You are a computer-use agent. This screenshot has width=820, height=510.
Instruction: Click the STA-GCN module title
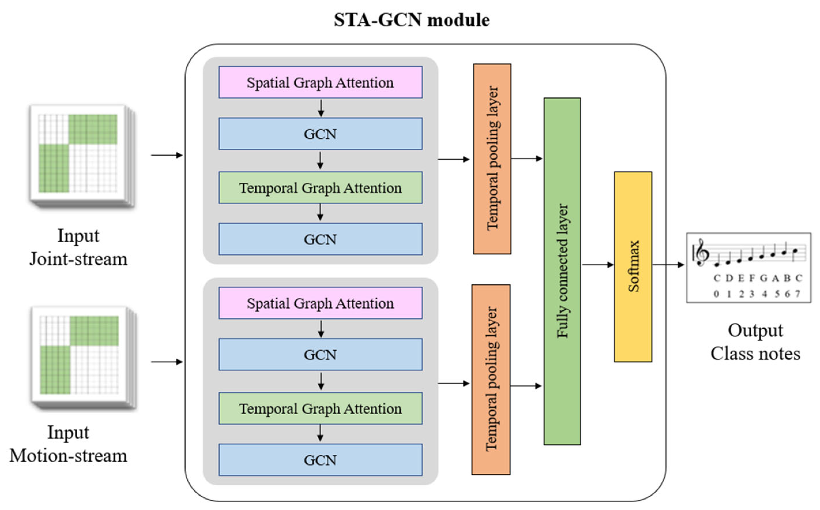point(412,20)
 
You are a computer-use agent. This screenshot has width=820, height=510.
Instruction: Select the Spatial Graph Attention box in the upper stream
point(320,82)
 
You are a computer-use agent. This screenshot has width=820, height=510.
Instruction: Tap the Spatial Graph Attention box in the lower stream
point(320,303)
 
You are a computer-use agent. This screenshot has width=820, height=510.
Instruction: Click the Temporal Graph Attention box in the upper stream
point(320,188)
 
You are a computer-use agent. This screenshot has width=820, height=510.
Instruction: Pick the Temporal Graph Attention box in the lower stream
point(320,408)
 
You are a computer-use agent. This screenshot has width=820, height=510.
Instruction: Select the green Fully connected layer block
point(562,271)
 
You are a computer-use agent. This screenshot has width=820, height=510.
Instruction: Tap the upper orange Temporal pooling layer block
point(492,158)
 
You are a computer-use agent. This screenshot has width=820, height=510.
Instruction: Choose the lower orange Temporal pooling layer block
point(491,379)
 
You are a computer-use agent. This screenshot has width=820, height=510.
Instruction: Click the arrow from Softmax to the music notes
point(668,265)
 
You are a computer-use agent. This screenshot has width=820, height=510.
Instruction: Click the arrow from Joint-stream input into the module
point(167,155)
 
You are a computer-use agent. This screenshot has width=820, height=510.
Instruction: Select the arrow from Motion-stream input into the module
point(167,362)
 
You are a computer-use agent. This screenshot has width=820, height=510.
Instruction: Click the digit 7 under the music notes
point(798,294)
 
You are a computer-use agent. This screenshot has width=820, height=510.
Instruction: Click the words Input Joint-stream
point(78,247)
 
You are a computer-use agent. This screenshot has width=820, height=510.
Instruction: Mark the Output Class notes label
point(755,342)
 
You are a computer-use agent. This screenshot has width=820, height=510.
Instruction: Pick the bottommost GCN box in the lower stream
point(320,460)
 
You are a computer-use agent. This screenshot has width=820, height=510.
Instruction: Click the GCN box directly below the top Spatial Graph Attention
point(320,134)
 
